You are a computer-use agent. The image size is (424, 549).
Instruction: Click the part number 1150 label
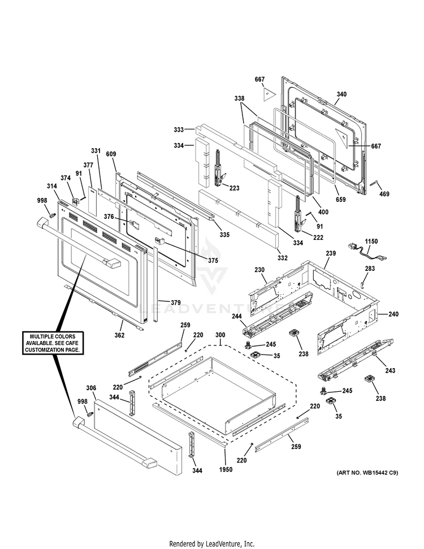[371, 241]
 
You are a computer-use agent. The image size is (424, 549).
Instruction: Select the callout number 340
[341, 94]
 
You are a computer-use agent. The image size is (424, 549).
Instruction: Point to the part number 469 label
[384, 194]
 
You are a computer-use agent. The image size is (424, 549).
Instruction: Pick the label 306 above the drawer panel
[92, 388]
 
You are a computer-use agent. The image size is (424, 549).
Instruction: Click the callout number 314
[52, 186]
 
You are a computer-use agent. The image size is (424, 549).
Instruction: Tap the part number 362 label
[119, 335]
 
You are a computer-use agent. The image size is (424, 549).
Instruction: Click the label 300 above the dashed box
[220, 335]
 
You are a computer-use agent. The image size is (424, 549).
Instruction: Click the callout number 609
[111, 154]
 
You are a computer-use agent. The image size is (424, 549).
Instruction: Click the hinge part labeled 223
[217, 170]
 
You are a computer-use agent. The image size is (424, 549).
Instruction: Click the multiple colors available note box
[54, 343]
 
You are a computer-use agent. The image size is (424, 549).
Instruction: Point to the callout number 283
[369, 269]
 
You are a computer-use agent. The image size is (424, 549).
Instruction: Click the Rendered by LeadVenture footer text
[212, 544]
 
